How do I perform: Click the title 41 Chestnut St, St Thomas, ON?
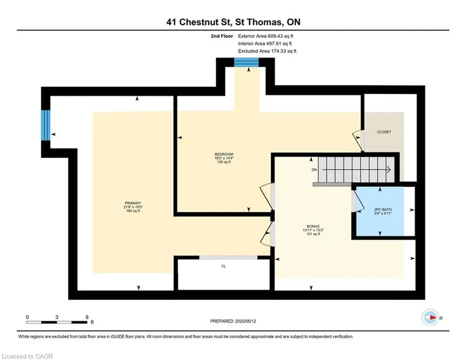233,22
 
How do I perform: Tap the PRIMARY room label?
133,203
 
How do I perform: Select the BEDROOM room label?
224,154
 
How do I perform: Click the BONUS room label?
313,226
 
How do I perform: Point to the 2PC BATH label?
383,210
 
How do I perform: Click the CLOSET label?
384,132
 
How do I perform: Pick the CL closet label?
224,266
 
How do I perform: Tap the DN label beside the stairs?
314,170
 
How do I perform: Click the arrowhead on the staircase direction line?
389,170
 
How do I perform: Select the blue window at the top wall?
246,62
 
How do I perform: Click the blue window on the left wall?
46,125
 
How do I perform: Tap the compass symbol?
430,318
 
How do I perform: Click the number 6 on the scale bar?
87,317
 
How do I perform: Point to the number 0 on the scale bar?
27,317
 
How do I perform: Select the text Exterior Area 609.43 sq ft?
265,36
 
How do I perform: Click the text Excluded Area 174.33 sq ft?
267,51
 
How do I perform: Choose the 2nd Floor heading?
222,36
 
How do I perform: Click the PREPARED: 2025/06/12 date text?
233,322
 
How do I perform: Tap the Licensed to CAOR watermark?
27,356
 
